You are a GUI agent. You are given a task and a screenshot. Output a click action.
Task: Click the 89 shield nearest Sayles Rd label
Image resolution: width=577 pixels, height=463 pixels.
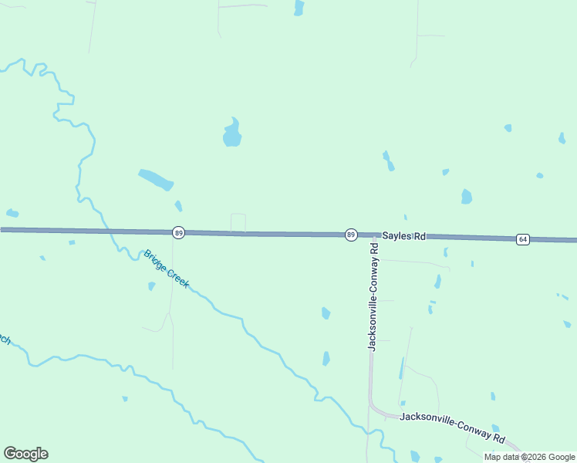350,234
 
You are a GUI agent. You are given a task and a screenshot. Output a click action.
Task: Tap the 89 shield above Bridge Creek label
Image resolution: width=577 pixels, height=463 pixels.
178,231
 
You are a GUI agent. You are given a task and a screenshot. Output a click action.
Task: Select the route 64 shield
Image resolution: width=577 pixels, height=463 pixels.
523,239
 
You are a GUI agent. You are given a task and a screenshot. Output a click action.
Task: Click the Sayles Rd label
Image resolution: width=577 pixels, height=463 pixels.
404,235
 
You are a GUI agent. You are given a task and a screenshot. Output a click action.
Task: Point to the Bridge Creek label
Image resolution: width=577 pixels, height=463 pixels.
166,269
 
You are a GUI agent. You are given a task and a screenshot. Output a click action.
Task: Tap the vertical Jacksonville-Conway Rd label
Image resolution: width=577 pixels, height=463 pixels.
373,297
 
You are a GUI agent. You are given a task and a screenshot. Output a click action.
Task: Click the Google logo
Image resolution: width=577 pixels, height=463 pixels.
25,454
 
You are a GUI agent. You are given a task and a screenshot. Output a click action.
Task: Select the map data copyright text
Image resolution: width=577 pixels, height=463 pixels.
529,456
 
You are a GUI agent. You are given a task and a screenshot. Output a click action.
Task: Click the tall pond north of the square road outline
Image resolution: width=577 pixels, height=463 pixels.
231,133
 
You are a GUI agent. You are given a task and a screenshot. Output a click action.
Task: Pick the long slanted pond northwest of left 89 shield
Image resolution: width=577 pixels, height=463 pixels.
156,180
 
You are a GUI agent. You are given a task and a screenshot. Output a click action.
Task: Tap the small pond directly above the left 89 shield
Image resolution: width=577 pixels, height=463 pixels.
178,206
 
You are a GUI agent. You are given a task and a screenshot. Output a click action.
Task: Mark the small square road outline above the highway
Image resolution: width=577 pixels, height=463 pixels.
238,222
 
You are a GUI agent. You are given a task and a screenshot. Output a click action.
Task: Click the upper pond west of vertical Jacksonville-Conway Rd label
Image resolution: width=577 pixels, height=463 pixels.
326,313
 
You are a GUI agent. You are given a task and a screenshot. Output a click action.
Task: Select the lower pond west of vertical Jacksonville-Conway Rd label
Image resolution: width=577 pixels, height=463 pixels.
326,359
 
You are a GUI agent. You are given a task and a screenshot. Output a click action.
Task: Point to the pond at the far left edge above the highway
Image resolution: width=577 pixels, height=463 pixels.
12,213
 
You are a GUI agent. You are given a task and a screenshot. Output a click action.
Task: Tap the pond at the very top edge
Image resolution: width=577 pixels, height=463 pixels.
299,8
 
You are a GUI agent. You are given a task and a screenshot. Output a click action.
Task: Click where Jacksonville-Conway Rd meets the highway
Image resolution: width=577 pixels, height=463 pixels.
374,235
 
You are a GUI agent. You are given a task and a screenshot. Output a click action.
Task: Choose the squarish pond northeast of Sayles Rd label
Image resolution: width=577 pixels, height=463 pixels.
466,197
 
